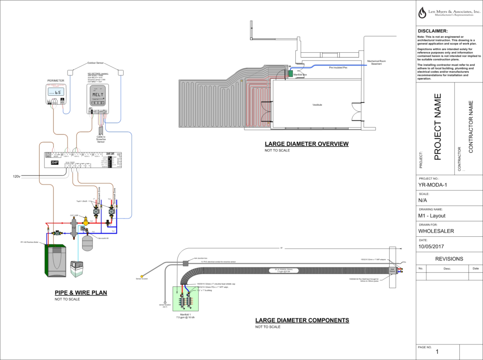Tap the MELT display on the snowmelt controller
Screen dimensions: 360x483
coord(98,94)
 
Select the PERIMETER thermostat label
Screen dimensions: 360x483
coord(55,81)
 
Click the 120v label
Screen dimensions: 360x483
coord(16,176)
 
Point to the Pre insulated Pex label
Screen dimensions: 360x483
coord(338,67)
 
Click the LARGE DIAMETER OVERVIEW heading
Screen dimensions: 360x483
coord(307,144)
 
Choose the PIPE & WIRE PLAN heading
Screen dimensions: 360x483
coord(81,293)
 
